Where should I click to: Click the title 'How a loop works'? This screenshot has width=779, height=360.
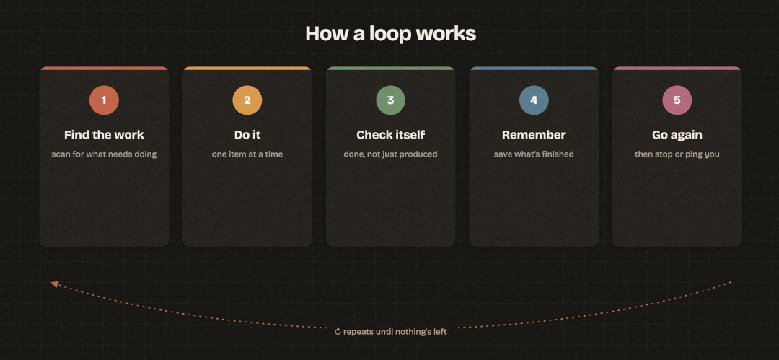click(x=390, y=34)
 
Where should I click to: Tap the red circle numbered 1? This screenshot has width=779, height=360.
click(x=104, y=100)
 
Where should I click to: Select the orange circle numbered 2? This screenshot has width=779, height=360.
click(x=247, y=100)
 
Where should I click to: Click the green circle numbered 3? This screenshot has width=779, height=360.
click(x=390, y=100)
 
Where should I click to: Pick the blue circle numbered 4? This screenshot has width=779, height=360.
click(x=534, y=100)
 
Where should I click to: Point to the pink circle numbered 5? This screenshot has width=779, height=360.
click(x=677, y=100)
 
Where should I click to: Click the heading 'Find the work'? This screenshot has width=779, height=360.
click(x=104, y=135)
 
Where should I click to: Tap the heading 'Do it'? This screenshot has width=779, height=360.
click(x=247, y=135)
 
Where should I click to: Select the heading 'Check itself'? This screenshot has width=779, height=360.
click(x=390, y=135)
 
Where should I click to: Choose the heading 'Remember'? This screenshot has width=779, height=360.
click(x=534, y=135)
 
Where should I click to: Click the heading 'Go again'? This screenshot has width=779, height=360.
click(x=677, y=135)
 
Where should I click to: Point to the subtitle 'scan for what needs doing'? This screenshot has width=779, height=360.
click(x=104, y=154)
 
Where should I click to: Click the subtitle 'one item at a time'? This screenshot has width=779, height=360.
click(x=247, y=154)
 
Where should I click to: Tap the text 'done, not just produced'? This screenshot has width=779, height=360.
click(x=390, y=154)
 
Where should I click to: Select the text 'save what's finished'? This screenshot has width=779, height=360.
click(x=534, y=154)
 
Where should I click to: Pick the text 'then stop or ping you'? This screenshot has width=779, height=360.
click(x=677, y=154)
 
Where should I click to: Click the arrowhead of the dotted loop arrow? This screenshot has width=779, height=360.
click(x=55, y=284)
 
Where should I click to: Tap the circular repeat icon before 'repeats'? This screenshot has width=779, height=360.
click(x=338, y=332)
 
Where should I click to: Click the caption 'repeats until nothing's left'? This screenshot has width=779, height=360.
click(x=395, y=332)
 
